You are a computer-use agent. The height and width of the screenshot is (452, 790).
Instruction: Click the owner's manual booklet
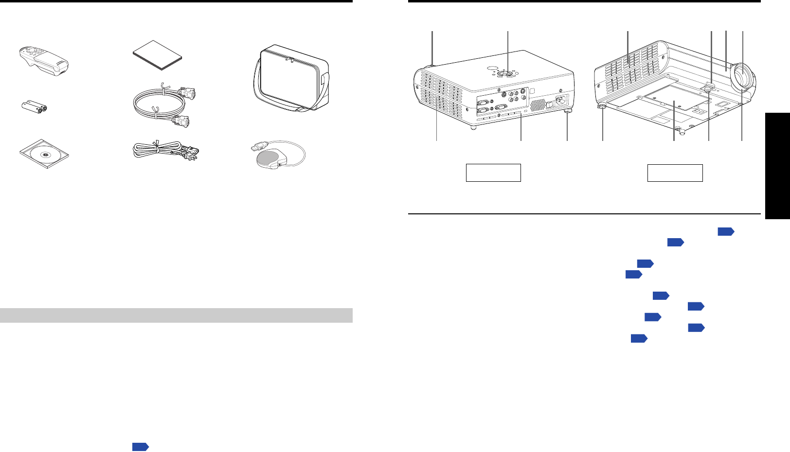tap(158, 56)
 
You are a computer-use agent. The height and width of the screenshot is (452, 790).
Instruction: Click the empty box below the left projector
tap(493, 173)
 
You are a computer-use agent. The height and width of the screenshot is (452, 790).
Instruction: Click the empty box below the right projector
tap(675, 173)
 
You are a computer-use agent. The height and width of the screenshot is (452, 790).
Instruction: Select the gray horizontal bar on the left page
tap(176, 315)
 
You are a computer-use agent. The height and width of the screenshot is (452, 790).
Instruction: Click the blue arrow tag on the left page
tap(140, 447)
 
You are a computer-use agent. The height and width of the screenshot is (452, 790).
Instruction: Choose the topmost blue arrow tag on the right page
tap(725, 232)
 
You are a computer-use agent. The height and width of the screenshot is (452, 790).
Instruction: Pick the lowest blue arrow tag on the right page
tap(639, 338)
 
